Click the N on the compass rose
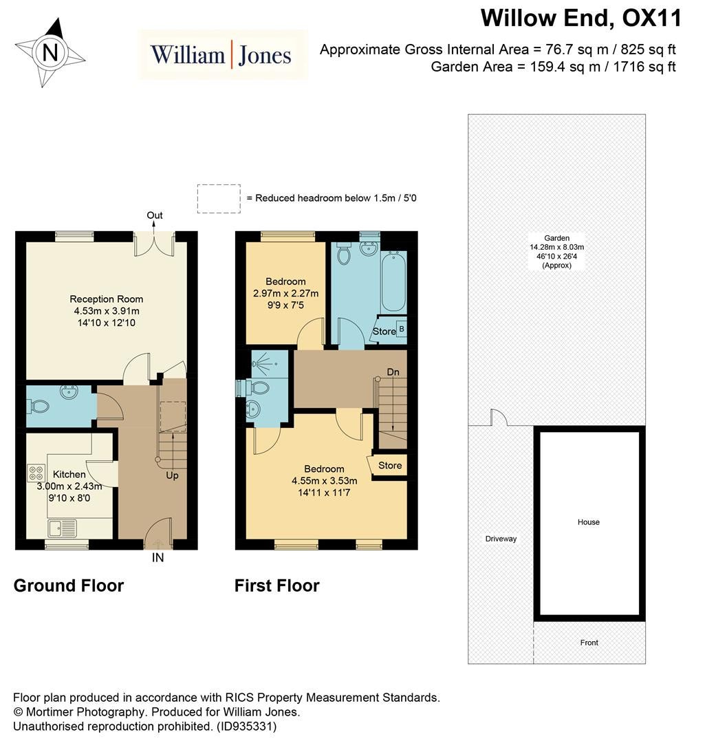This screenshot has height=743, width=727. click(x=50, y=52)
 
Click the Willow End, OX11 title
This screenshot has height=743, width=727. click(x=581, y=19)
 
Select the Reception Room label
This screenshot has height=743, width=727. click(x=107, y=299)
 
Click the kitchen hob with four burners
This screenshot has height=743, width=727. click(x=36, y=473)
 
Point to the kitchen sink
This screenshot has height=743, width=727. click(x=62, y=528)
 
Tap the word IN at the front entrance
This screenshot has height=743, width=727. click(x=158, y=558)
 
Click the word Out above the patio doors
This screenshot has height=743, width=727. click(x=154, y=215)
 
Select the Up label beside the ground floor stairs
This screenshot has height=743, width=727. click(x=172, y=475)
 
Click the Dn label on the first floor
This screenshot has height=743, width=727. click(x=393, y=372)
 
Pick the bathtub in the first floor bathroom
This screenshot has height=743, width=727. click(x=393, y=281)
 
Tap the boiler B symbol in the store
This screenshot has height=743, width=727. click(x=402, y=328)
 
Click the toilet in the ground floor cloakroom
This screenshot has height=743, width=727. click(x=39, y=406)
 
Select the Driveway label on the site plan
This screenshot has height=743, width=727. click(x=501, y=539)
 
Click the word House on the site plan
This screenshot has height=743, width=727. click(x=589, y=522)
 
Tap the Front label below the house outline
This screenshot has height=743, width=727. click(x=589, y=643)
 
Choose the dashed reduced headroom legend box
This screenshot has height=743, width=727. click(x=219, y=199)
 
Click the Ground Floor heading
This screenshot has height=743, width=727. click(x=69, y=585)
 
